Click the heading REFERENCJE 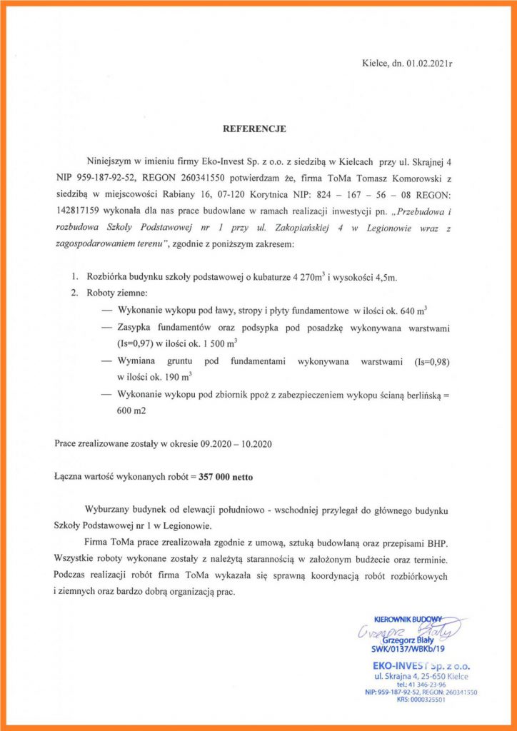[255, 129]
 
